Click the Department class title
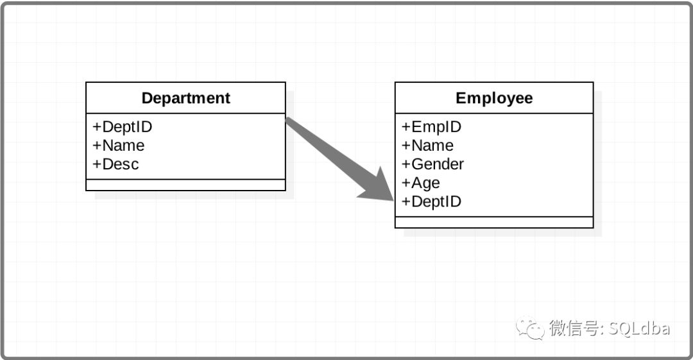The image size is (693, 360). click(185, 98)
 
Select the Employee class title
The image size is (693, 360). click(494, 98)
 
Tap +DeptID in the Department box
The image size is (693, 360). click(123, 126)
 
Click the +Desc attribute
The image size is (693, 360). click(116, 164)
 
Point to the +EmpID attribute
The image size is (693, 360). click(431, 126)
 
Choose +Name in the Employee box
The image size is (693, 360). click(427, 145)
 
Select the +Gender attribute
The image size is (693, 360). click(432, 164)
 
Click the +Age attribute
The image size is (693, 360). click(421, 183)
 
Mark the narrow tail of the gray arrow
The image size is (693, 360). click(291, 123)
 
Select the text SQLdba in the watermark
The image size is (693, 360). click(638, 329)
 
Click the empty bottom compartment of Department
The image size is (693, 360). click(185, 185)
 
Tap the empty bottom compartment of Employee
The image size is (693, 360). click(494, 222)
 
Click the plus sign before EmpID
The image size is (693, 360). click(406, 127)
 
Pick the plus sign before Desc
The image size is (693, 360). click(96, 164)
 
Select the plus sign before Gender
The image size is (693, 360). click(406, 164)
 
